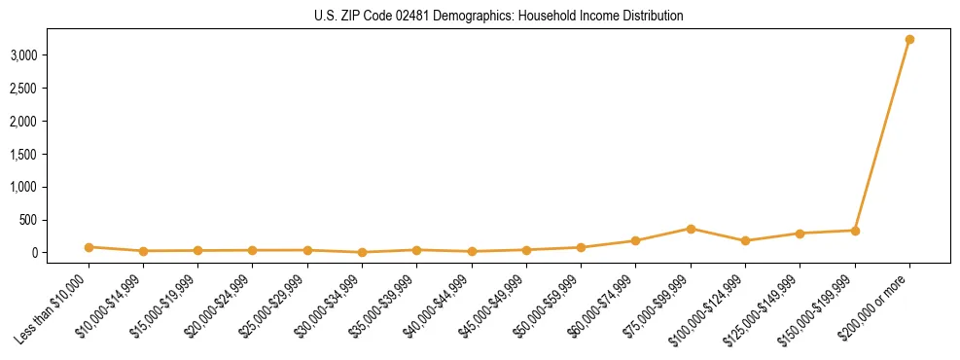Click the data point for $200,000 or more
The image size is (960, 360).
tap(909, 40)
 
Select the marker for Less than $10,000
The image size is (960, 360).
tap(89, 247)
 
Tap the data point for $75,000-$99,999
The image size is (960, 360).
tap(691, 229)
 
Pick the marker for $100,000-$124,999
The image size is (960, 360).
tap(745, 240)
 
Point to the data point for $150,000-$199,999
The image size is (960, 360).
tap(855, 231)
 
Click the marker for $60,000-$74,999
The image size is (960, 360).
tap(635, 240)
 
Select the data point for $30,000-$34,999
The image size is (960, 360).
tap(362, 252)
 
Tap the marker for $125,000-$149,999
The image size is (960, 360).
tap(800, 234)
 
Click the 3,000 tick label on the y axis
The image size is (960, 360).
tap(23, 55)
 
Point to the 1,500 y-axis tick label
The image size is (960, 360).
tap(23, 154)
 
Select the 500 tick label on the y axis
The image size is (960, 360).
tap(29, 220)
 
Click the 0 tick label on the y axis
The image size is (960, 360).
tap(35, 253)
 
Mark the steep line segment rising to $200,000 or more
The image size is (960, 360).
tap(882, 135)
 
